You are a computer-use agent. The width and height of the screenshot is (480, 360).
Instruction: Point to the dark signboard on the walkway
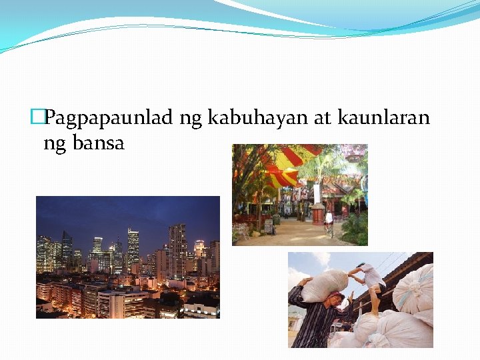[269, 227]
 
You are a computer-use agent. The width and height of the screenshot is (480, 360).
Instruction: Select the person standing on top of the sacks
[370, 280]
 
